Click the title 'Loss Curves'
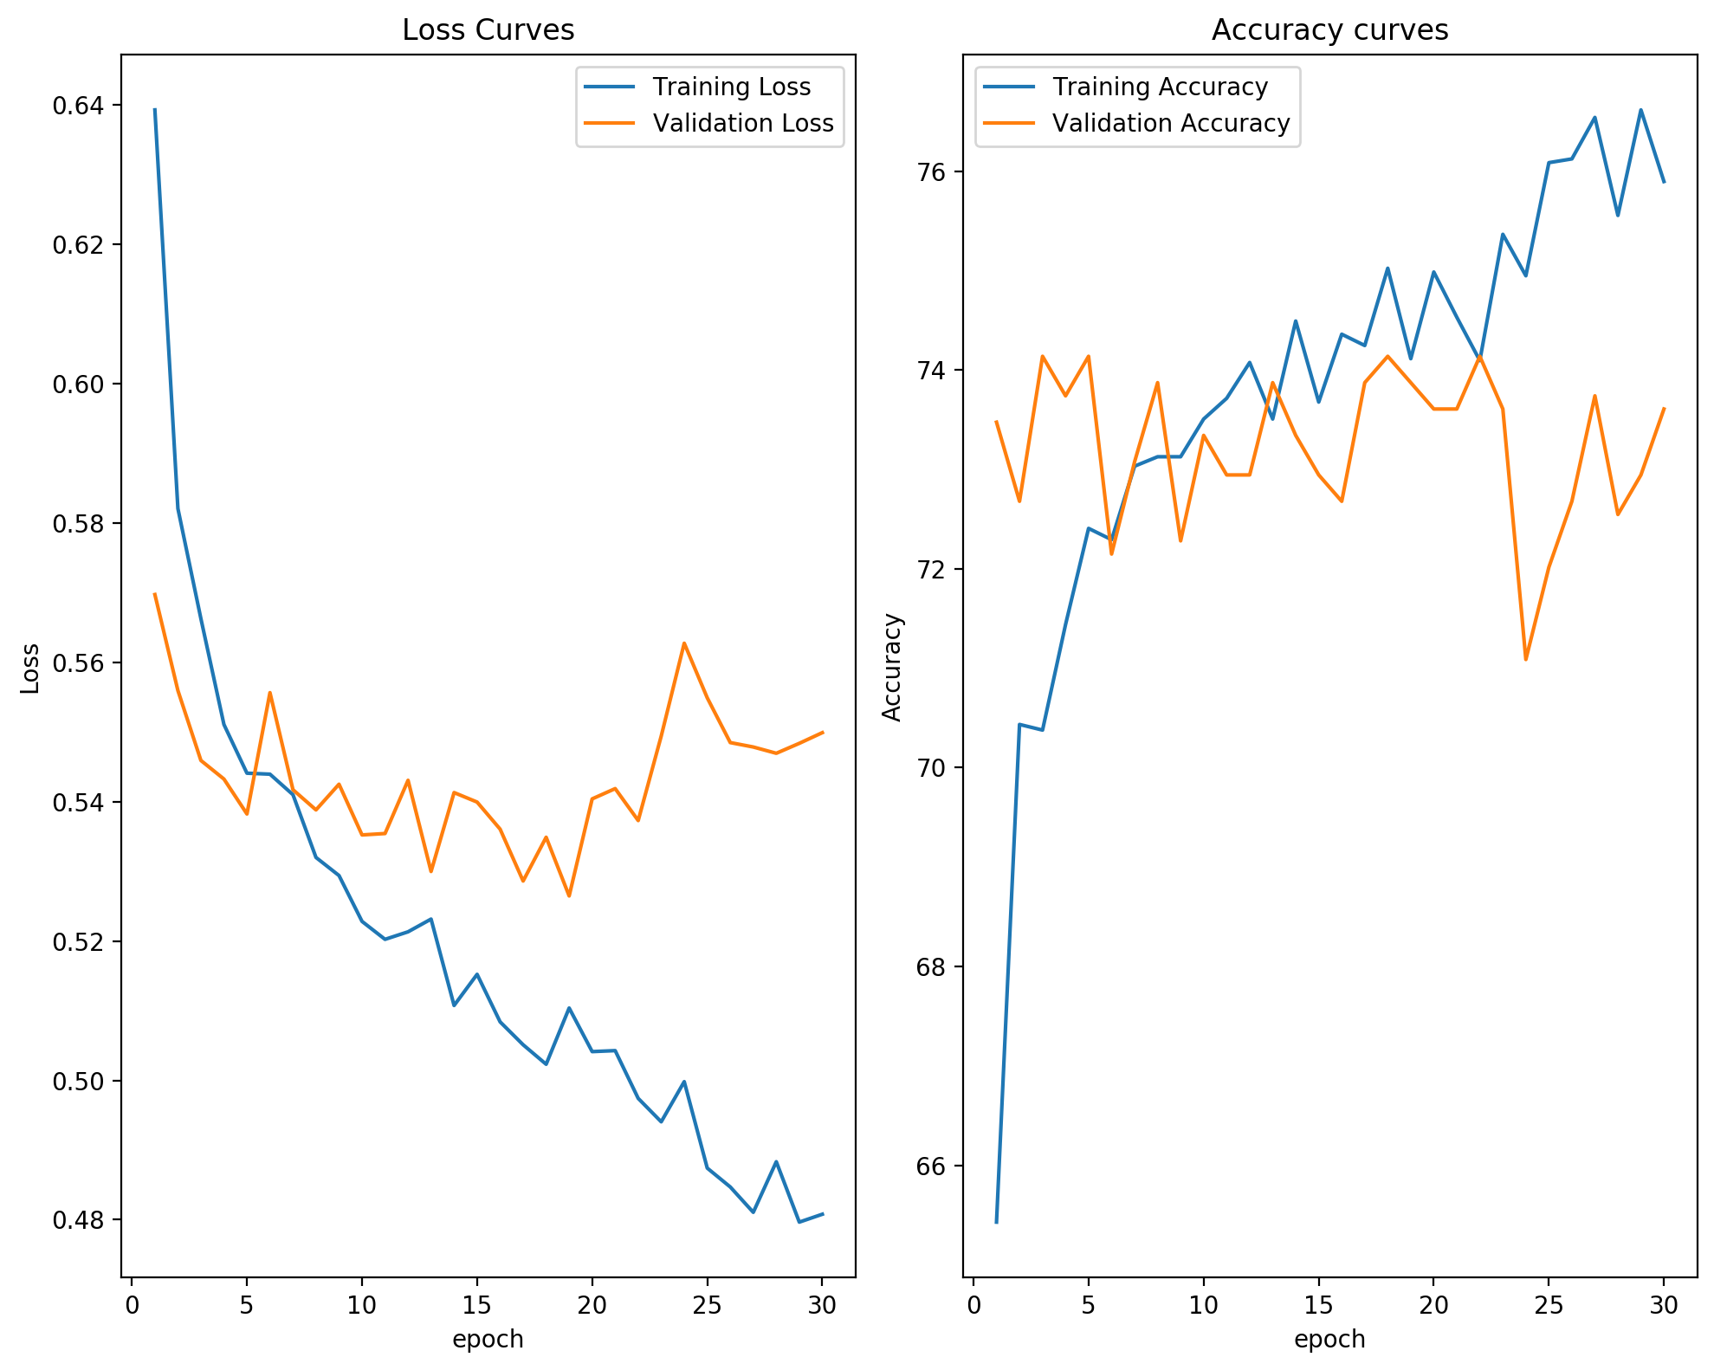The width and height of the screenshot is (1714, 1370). coord(488,30)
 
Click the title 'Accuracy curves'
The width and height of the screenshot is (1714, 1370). coord(1329,30)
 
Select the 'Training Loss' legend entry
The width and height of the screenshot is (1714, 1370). coord(731,87)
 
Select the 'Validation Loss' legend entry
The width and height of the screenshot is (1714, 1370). coord(742,123)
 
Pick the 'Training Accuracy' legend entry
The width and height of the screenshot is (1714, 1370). coord(1160,87)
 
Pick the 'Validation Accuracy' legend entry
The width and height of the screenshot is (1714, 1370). coord(1171,123)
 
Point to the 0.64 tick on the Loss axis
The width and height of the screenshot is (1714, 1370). coord(77,106)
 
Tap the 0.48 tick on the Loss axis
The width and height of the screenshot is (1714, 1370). coord(77,1220)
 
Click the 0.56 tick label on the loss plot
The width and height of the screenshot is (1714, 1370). coord(77,663)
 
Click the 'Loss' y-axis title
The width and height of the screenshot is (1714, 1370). coord(30,668)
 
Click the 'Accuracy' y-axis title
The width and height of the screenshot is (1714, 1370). coord(892,667)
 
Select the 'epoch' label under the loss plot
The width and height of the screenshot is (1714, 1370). coord(488,1339)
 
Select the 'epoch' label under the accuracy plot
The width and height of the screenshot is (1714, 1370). coord(1329,1339)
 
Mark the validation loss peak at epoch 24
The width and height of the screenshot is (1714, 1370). coord(684,643)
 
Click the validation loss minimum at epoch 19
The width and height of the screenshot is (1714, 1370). coord(569,896)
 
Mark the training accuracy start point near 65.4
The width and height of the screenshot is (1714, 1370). coord(997,1222)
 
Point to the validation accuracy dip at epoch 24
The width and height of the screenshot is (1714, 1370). coord(1525,660)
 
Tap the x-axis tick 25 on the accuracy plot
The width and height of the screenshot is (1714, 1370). coord(1549,1305)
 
